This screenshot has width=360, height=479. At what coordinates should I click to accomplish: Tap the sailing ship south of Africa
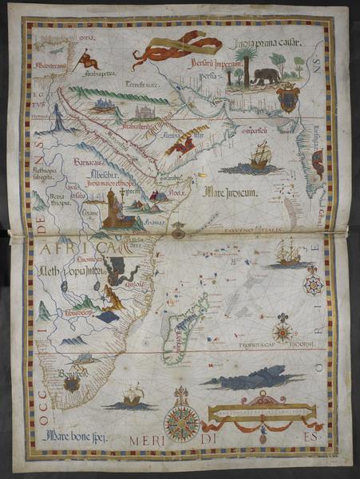click(x=133, y=394)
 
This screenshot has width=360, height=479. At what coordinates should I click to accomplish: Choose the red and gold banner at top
click(x=177, y=48)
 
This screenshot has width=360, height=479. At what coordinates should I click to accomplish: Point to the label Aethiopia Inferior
click(x=69, y=274)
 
